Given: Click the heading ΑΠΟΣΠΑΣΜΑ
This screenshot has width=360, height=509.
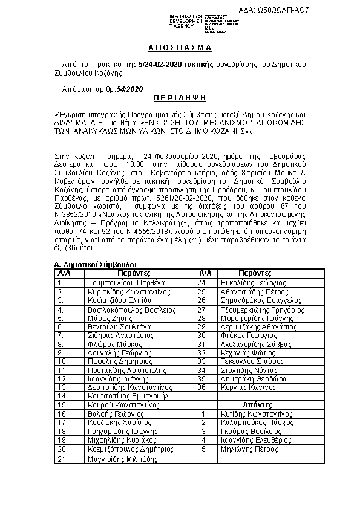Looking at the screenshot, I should tap(180, 48).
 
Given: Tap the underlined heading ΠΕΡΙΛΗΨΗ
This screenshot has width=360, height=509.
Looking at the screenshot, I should tap(180, 96).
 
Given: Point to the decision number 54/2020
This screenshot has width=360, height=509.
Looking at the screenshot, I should tap(129, 88).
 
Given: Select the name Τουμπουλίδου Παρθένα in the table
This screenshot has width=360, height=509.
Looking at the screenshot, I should tap(117, 282).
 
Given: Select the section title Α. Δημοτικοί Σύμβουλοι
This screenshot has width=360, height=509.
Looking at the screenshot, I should tap(95, 265).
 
